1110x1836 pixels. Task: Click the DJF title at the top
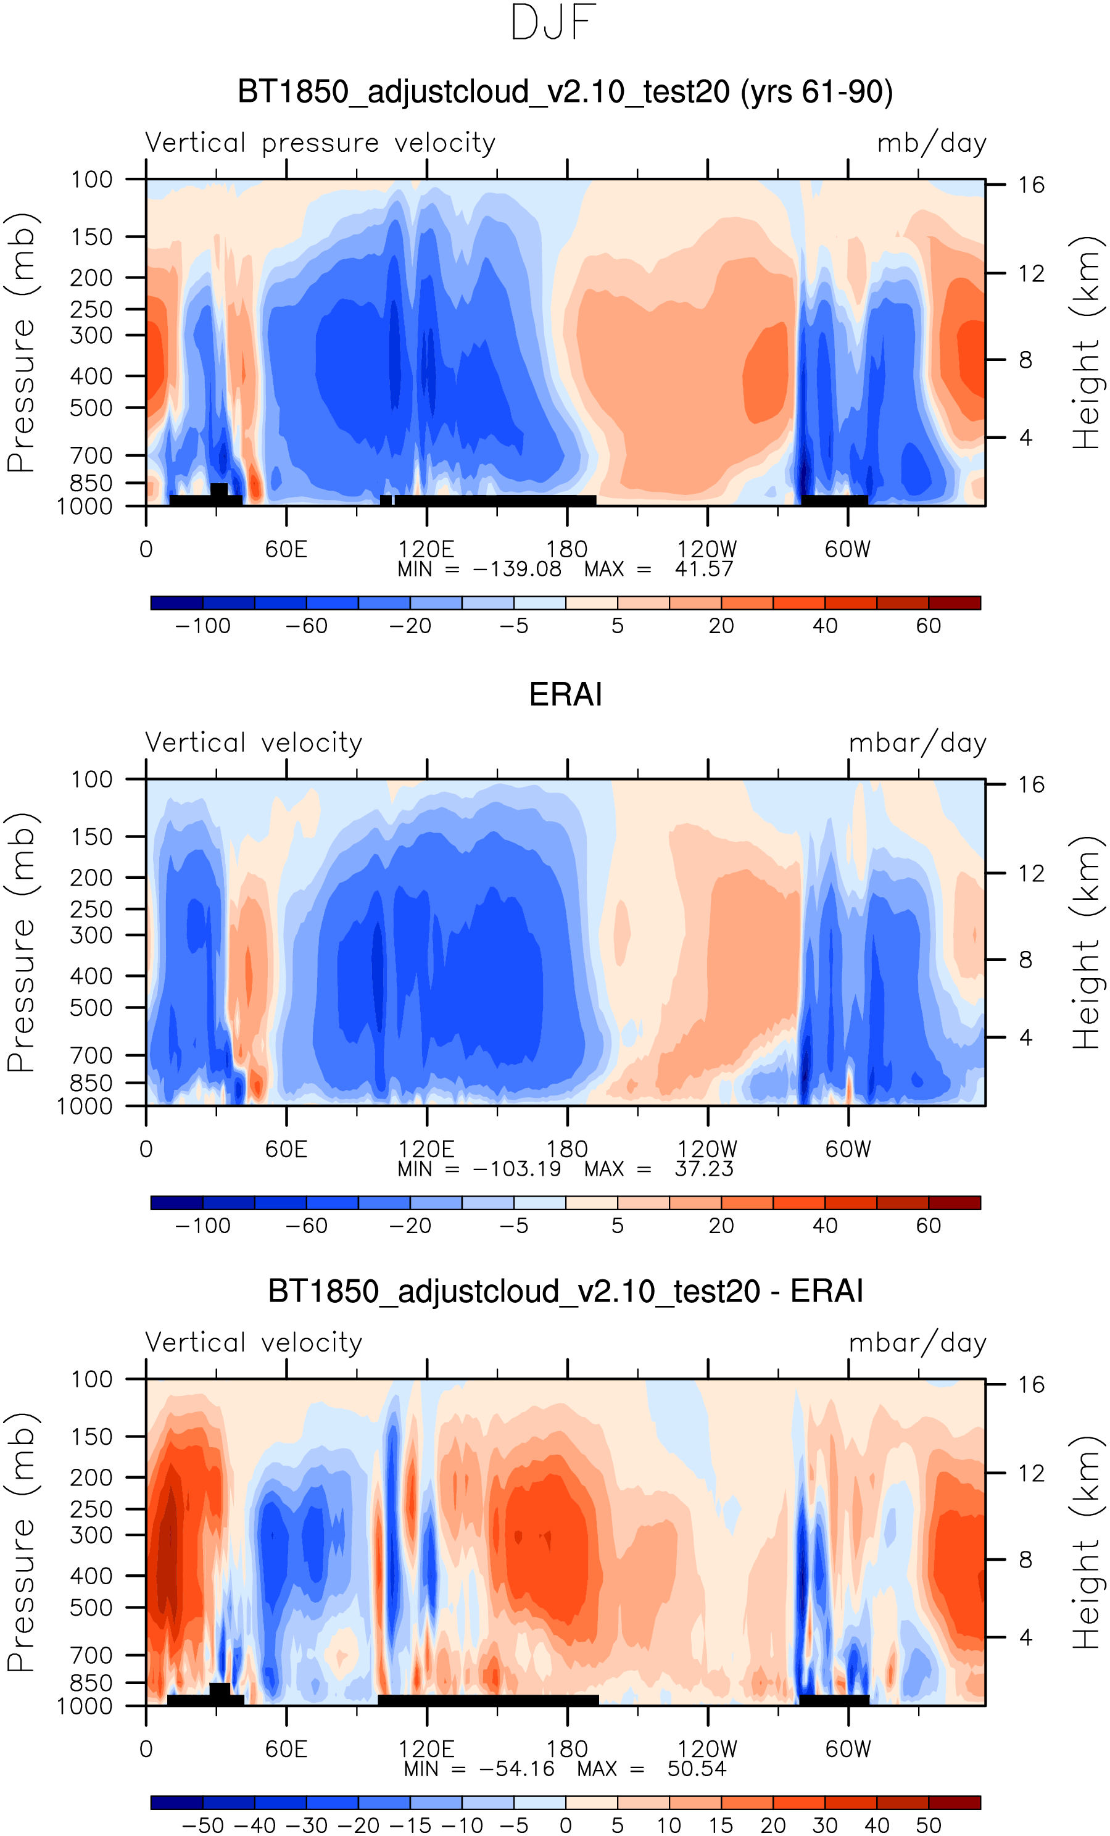point(553,22)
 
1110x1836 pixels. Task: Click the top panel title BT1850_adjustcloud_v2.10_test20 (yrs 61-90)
point(565,92)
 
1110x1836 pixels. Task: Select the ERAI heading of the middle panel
point(565,694)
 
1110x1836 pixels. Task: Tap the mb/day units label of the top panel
point(931,143)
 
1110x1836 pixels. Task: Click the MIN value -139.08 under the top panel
point(517,569)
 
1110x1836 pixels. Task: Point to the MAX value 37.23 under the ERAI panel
point(704,1168)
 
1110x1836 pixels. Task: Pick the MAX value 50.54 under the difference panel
point(697,1768)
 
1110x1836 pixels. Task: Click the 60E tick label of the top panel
point(286,549)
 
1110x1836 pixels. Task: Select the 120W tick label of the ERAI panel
point(707,1149)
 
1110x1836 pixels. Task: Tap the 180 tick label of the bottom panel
point(567,1749)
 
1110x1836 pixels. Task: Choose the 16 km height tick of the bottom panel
point(1031,1384)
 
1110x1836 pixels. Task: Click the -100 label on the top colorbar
point(202,626)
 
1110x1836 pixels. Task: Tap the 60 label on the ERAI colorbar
point(928,1226)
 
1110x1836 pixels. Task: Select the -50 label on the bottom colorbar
point(202,1826)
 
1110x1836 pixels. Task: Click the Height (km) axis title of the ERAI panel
point(1086,942)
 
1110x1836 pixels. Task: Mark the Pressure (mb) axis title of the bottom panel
point(21,1542)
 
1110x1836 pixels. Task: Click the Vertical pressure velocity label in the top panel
point(320,143)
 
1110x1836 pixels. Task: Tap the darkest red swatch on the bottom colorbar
point(955,1803)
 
